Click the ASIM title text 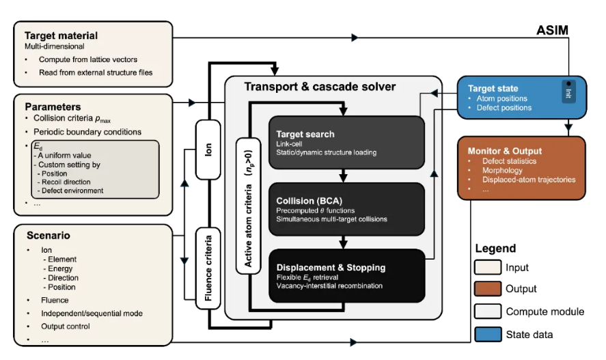[552, 30]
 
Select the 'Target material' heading [61, 36]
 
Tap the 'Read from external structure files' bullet [96, 72]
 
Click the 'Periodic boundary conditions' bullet [87, 132]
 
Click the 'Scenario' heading [49, 235]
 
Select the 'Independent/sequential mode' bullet [92, 314]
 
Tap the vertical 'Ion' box [208, 150]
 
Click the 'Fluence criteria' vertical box [208, 268]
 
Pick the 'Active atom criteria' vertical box [248, 206]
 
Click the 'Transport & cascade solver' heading [320, 87]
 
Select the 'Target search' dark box [346, 143]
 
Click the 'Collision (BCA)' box [346, 209]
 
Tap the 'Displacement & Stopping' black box [346, 275]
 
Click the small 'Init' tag [568, 92]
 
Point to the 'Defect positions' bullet [504, 108]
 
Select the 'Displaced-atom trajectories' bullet [528, 180]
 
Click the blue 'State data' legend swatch [488, 334]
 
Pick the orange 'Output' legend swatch [488, 288]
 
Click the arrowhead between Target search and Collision [343, 178]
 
